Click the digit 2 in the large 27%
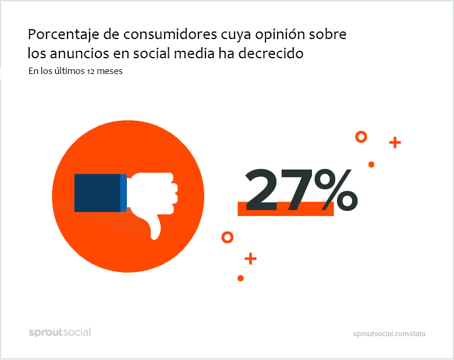pyautogui.click(x=265, y=190)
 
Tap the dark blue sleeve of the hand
pyautogui.click(x=97, y=193)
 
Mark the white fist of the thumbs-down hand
pyautogui.click(x=152, y=192)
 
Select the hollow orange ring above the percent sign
pyautogui.click(x=361, y=137)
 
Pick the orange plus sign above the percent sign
pyautogui.click(x=395, y=142)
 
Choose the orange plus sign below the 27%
pyautogui.click(x=250, y=259)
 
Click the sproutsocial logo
pyautogui.click(x=60, y=332)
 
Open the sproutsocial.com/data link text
pyautogui.click(x=389, y=334)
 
